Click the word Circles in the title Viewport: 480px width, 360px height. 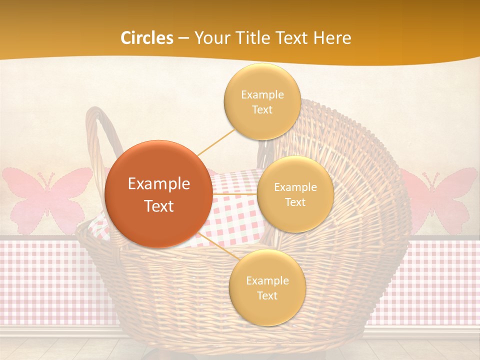[147, 38]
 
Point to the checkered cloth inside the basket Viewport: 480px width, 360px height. [235, 215]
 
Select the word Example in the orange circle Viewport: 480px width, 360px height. [159, 184]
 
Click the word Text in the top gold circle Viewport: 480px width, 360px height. [262, 110]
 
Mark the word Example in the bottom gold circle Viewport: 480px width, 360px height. [267, 280]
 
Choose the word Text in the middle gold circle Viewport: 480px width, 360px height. [295, 202]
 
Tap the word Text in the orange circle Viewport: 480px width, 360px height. [159, 206]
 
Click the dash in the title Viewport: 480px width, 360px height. [183, 38]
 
